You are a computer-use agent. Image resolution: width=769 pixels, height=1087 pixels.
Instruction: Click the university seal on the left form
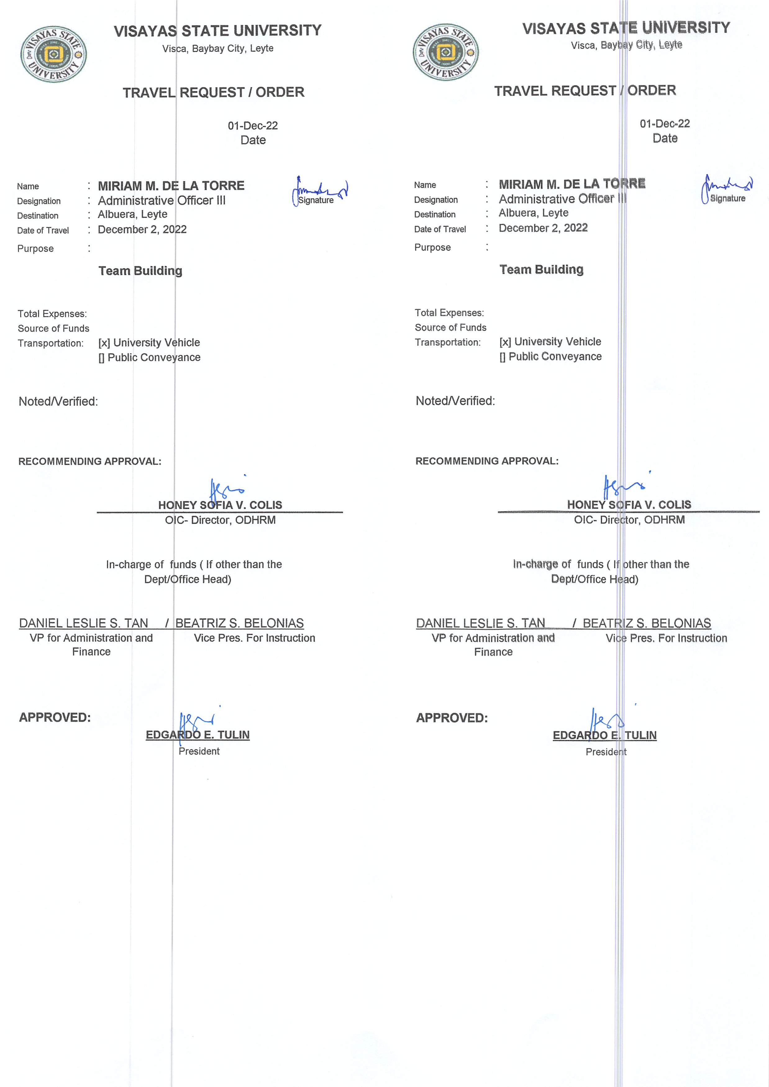[x=53, y=54]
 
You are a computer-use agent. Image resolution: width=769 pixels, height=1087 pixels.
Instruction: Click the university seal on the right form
[x=446, y=52]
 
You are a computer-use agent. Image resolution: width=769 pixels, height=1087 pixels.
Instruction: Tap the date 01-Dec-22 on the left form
[x=253, y=126]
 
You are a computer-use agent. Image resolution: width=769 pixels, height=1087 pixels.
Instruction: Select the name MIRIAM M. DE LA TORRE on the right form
[x=571, y=184]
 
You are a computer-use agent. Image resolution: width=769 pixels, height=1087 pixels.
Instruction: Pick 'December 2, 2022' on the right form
[x=543, y=228]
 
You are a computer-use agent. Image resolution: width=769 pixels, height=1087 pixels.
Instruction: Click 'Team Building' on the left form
[x=140, y=271]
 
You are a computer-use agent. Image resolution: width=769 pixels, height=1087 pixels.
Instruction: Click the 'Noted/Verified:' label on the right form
[x=455, y=401]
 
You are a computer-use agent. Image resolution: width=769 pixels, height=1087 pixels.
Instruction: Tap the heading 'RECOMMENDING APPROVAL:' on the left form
[x=89, y=461]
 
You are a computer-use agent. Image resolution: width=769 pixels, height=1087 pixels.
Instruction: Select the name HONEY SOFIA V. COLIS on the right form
[x=629, y=505]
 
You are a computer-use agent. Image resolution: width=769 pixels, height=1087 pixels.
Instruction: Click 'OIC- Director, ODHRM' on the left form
[x=220, y=520]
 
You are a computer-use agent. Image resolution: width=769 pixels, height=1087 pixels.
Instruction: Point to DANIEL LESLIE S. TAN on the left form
[x=83, y=623]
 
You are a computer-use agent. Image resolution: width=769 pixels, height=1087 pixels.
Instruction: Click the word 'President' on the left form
[x=199, y=751]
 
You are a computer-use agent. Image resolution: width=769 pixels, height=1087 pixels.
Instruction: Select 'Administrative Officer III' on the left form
[x=162, y=200]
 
